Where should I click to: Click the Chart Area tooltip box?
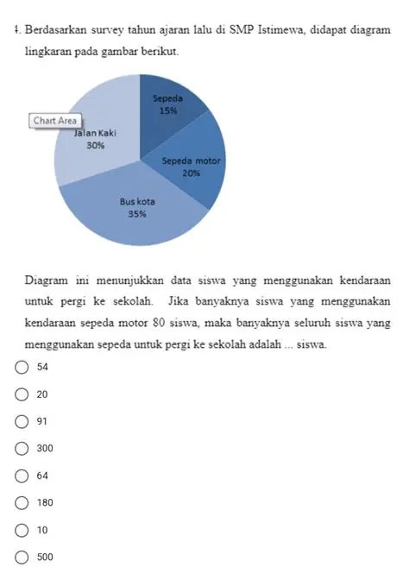click(x=55, y=121)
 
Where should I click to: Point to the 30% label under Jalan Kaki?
click(x=97, y=146)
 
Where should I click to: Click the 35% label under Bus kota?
click(x=136, y=214)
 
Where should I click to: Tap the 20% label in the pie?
click(x=192, y=173)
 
